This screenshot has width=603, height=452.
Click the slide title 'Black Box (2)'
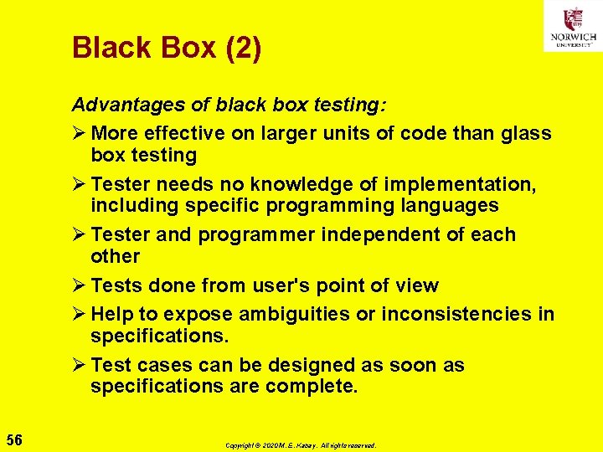[x=167, y=48]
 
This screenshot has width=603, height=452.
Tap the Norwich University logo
[x=573, y=26]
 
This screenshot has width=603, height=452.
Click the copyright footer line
[x=301, y=446]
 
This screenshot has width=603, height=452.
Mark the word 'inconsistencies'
[x=450, y=315]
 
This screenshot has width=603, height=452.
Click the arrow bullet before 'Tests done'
[x=79, y=286]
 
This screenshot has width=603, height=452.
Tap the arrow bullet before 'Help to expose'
[x=79, y=315]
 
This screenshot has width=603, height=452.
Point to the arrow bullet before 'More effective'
[x=79, y=134]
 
